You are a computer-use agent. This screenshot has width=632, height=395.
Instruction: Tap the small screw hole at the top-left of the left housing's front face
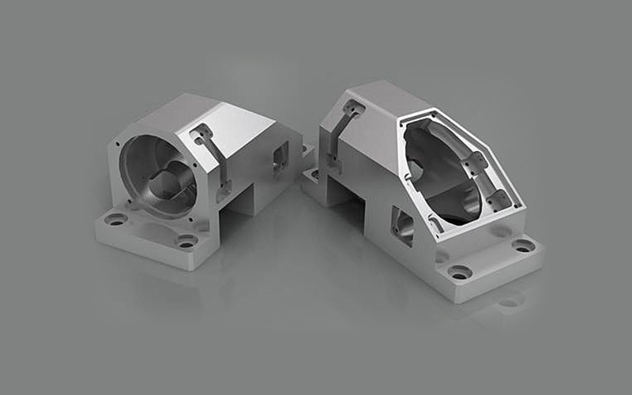point(119,145)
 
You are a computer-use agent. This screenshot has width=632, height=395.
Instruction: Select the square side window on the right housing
point(402,225)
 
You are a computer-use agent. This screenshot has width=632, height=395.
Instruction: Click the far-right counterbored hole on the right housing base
point(523,246)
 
